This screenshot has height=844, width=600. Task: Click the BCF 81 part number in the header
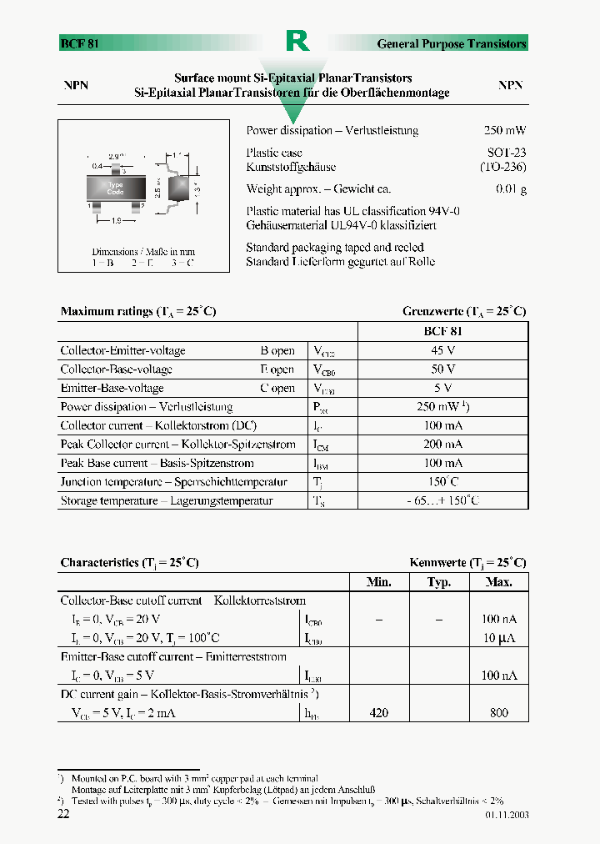tap(80, 43)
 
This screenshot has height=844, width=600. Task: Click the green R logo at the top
tap(297, 41)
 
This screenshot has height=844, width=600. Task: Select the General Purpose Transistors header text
tap(452, 43)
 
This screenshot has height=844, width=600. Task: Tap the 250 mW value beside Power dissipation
tap(505, 131)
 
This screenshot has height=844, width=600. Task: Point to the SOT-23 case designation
tap(507, 153)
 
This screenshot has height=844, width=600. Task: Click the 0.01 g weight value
tap(511, 189)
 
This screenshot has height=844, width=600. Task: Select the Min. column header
tap(379, 582)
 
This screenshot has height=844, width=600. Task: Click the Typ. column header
tap(439, 582)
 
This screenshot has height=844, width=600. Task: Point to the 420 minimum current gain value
tap(379, 713)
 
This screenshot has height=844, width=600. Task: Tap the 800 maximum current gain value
tap(499, 713)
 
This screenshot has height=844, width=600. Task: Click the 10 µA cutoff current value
tap(499, 638)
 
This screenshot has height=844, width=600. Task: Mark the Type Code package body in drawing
tap(116, 188)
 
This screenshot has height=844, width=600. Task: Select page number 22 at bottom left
tap(63, 814)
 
